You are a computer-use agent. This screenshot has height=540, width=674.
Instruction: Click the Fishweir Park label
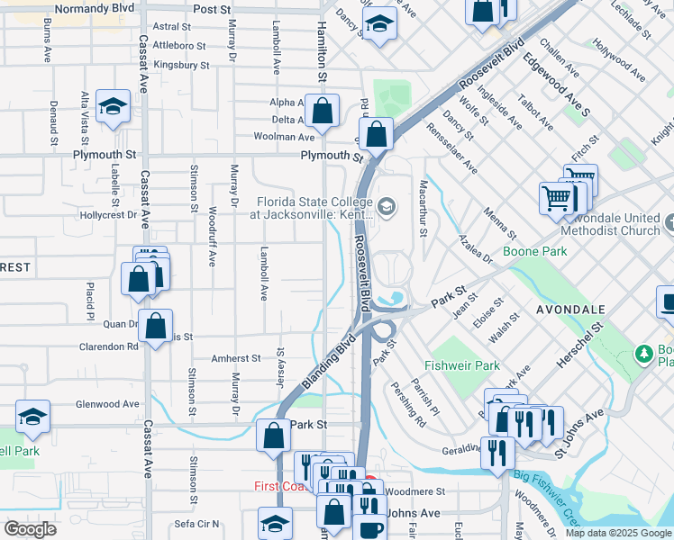(x=461, y=366)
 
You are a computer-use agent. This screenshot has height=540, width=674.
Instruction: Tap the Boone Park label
(x=535, y=252)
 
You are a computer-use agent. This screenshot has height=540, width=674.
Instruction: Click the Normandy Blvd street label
(x=94, y=9)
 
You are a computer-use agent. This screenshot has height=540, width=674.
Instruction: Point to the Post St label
(x=213, y=9)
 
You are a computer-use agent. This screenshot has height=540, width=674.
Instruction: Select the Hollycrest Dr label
(x=106, y=215)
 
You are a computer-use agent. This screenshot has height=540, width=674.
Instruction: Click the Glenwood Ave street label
(x=108, y=404)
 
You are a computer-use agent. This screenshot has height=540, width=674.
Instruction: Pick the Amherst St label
(x=236, y=358)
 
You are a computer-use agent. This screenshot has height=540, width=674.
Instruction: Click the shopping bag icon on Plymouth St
(x=376, y=136)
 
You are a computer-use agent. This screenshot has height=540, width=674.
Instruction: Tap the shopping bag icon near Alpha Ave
(x=322, y=112)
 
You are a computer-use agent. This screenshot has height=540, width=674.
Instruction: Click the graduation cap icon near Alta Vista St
(x=114, y=109)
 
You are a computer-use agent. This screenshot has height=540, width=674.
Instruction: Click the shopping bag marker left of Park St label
(x=273, y=437)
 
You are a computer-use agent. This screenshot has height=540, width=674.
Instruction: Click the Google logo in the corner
(x=31, y=529)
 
